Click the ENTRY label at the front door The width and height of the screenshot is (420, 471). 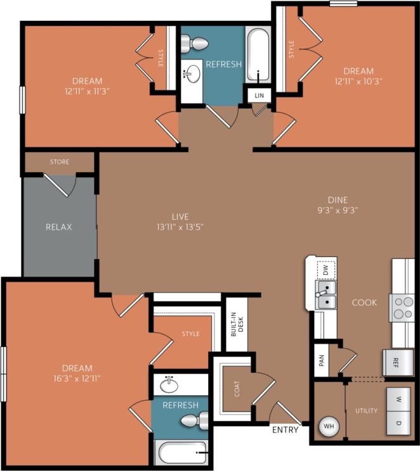tap(285, 430)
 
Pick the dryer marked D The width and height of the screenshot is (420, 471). tap(399, 422)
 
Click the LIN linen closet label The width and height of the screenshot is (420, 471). tap(258, 95)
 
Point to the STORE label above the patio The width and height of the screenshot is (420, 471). tap(60, 162)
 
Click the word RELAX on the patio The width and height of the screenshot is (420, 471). tap(58, 227)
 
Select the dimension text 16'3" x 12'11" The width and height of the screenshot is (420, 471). tap(77, 379)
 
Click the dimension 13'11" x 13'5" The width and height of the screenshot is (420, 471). tap(180, 226)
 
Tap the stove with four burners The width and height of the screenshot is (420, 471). tap(402, 308)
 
